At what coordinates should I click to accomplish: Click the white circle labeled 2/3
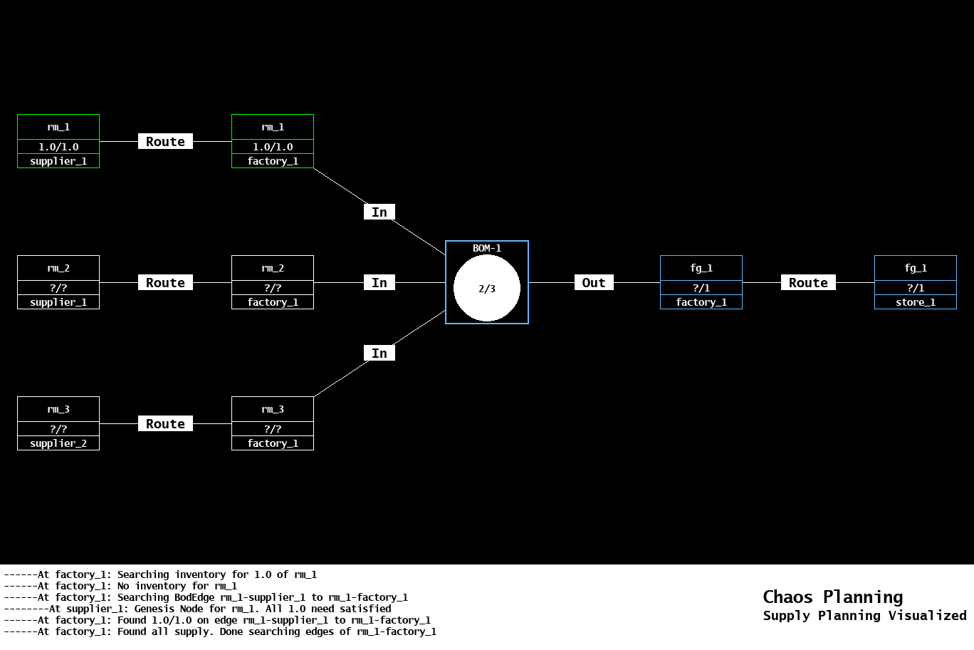[487, 288]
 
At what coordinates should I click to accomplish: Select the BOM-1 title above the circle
[487, 248]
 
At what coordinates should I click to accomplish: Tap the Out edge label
[594, 282]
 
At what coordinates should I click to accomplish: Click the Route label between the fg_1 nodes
[808, 282]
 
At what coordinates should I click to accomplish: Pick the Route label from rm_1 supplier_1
[165, 141]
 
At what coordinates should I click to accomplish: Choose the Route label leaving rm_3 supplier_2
[165, 423]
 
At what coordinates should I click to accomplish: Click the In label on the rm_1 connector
[379, 212]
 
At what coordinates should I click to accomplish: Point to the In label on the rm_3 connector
[379, 353]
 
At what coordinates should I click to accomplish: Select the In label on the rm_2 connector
[379, 282]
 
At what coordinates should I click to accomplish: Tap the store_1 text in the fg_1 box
[915, 302]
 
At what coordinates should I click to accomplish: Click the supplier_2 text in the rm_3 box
[58, 443]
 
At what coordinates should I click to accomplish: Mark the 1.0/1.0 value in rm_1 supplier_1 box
[58, 147]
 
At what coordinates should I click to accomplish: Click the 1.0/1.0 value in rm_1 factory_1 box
[273, 147]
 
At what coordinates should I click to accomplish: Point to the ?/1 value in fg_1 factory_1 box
[701, 288]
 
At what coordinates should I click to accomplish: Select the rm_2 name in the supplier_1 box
[58, 268]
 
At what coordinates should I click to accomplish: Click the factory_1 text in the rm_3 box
[273, 443]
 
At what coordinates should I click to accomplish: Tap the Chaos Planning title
[832, 597]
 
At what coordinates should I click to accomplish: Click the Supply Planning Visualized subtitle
[864, 615]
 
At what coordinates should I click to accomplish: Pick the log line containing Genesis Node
[197, 609]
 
